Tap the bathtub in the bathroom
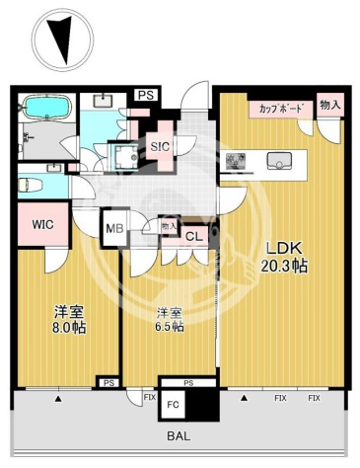click(x=45, y=109)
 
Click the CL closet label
click(x=193, y=235)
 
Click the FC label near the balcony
click(x=172, y=404)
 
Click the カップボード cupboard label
click(x=280, y=110)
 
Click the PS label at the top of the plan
click(x=146, y=95)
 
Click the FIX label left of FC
click(x=150, y=398)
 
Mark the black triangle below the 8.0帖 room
click(x=59, y=399)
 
